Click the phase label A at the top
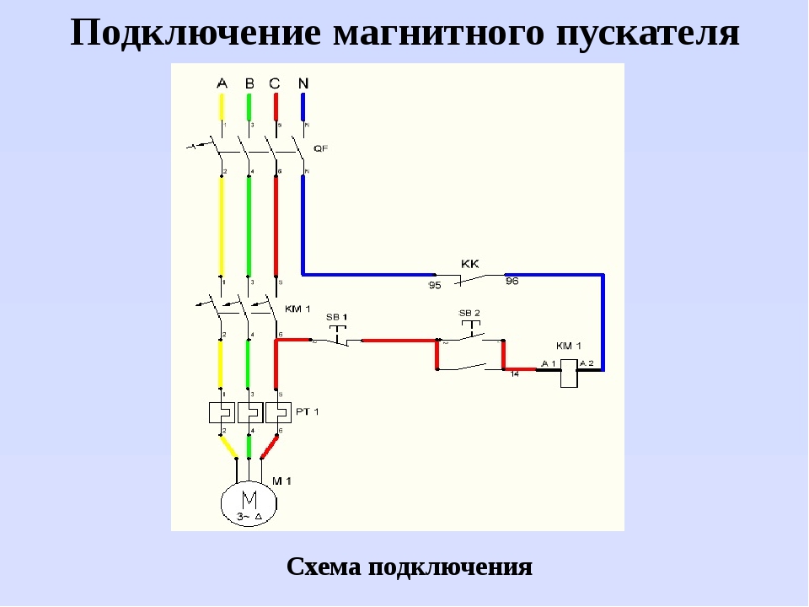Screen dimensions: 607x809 [x=222, y=83]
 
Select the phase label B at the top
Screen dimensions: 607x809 [x=249, y=83]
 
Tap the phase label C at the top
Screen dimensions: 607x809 [x=275, y=83]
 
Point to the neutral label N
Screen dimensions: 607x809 [x=303, y=83]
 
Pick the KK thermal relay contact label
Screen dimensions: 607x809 [x=469, y=263]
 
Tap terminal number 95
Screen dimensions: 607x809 [x=435, y=285]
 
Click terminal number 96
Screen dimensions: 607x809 [x=512, y=282]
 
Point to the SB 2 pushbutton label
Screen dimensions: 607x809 [x=469, y=313]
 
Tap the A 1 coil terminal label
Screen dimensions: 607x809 [x=549, y=363]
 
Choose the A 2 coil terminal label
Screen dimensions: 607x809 [x=586, y=363]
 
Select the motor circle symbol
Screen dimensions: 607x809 [x=249, y=503]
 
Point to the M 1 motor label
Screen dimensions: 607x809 [x=281, y=480]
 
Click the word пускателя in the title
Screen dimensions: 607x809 [x=650, y=34]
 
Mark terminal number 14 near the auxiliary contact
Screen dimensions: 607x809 [x=513, y=373]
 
